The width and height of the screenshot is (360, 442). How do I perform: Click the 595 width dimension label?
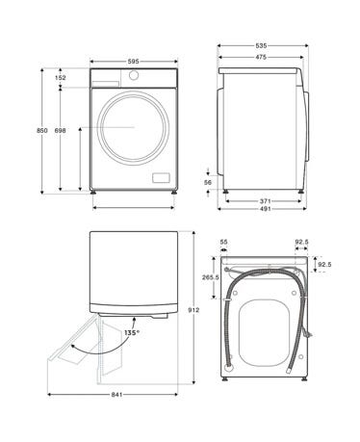click(x=133, y=62)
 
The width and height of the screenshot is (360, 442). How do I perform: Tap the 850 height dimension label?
click(x=42, y=131)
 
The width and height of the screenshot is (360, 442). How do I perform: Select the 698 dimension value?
click(x=60, y=131)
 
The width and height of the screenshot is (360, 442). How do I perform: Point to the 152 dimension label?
click(x=60, y=77)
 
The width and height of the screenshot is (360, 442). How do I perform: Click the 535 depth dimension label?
click(x=261, y=46)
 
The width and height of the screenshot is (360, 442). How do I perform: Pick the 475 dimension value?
click(x=261, y=57)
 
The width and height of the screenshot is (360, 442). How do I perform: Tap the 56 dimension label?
click(x=208, y=182)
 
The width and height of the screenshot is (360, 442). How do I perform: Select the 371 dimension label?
click(x=265, y=201)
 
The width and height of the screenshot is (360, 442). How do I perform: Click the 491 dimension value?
click(x=265, y=209)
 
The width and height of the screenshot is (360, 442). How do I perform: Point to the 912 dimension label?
click(x=193, y=310)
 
